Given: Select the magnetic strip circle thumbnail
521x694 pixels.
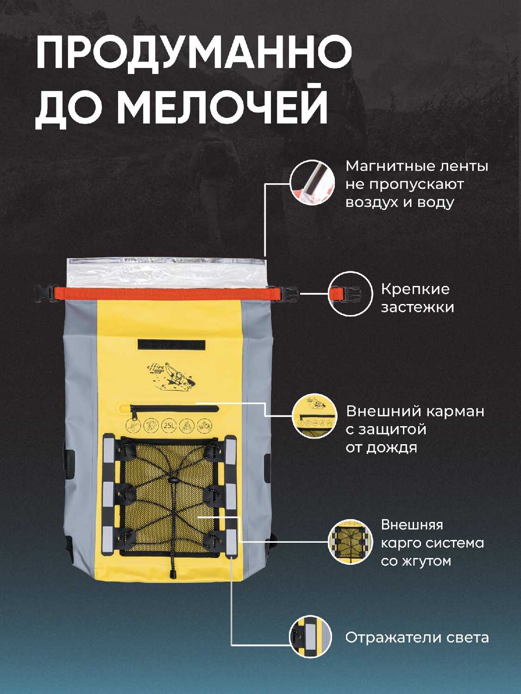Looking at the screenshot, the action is tap(312, 182).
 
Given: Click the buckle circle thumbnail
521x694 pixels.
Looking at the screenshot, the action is tap(350, 293).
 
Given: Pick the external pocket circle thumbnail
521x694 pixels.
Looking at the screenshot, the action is tap(314, 415).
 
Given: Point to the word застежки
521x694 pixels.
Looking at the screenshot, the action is tap(417, 307).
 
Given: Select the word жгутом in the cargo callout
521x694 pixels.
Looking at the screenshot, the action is tap(427, 561).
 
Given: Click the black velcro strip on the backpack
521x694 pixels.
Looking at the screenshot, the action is tap(172, 345).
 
